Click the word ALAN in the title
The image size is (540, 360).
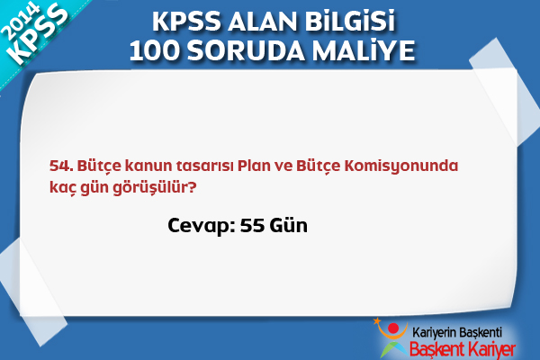tap(261, 22)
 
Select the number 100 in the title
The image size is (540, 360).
tap(155, 50)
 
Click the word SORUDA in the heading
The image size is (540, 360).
tap(246, 50)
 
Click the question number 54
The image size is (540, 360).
tap(61, 166)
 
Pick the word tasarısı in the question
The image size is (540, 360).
tap(204, 166)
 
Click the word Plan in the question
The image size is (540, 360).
tap(254, 166)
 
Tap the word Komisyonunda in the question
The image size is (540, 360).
tap(401, 166)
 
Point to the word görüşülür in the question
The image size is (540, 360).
tap(155, 188)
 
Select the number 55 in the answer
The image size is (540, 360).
tap(252, 226)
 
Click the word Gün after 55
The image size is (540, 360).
tap(288, 226)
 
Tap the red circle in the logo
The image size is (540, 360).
tap(393, 328)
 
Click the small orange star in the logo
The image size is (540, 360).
tap(377, 321)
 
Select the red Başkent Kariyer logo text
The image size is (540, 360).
tap(463, 349)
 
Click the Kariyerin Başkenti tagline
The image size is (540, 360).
tap(457, 332)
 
